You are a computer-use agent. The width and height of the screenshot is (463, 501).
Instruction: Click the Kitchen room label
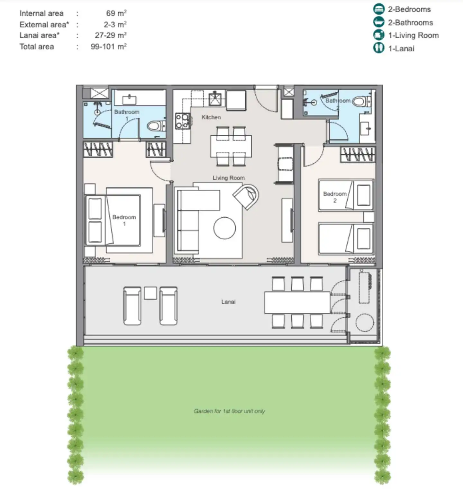click(x=211, y=117)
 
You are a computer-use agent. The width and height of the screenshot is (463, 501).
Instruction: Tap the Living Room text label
click(x=229, y=178)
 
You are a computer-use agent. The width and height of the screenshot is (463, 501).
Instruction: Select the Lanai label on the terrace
click(x=228, y=302)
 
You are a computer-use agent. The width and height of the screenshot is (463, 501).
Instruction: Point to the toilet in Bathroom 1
click(x=156, y=125)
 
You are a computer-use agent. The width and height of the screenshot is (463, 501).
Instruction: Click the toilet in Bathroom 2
click(x=361, y=102)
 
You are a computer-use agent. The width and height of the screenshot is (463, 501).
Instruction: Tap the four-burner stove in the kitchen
click(x=182, y=121)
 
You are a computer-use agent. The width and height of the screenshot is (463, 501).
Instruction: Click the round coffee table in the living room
click(x=224, y=228)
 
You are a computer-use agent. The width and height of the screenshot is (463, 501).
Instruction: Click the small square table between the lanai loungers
click(x=150, y=293)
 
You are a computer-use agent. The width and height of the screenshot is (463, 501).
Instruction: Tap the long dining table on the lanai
click(x=297, y=302)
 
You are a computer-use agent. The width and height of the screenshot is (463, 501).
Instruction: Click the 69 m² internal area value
click(x=116, y=13)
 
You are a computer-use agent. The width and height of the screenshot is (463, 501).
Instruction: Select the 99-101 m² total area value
click(x=109, y=47)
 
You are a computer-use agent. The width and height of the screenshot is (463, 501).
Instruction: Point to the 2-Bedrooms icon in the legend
click(x=379, y=9)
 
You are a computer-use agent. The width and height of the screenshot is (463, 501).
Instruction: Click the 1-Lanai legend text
click(x=401, y=49)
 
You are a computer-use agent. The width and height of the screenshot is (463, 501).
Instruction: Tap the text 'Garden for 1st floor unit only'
click(x=229, y=411)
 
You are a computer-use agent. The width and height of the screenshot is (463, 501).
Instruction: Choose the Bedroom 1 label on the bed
click(x=124, y=220)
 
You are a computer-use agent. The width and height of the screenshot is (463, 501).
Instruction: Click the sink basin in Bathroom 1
click(x=129, y=100)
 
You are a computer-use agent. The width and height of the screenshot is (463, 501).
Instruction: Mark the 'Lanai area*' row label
click(x=40, y=35)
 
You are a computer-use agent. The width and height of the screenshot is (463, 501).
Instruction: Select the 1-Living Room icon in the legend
click(x=379, y=35)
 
